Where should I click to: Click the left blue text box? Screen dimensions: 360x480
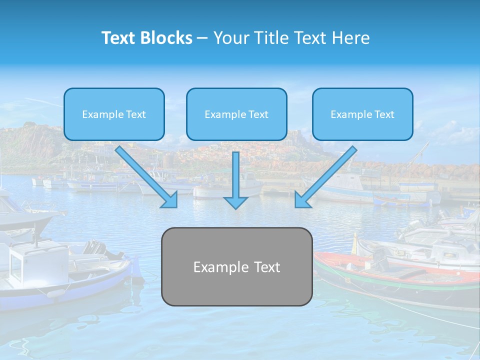click(x=114, y=114)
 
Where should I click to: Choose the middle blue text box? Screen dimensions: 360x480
click(x=236, y=114)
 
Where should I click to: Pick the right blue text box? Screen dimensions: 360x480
click(x=362, y=114)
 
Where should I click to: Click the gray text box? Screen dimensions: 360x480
click(x=236, y=266)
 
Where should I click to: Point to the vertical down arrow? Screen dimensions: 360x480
click(x=235, y=180)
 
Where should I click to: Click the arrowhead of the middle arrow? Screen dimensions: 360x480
click(x=235, y=202)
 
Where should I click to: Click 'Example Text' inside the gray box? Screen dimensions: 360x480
click(x=236, y=267)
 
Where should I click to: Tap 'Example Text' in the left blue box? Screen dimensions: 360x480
click(x=114, y=114)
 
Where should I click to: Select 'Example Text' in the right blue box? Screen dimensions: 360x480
click(x=362, y=114)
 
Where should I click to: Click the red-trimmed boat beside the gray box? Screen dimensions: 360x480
click(x=395, y=272)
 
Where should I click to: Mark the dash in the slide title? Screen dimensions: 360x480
click(x=202, y=38)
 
